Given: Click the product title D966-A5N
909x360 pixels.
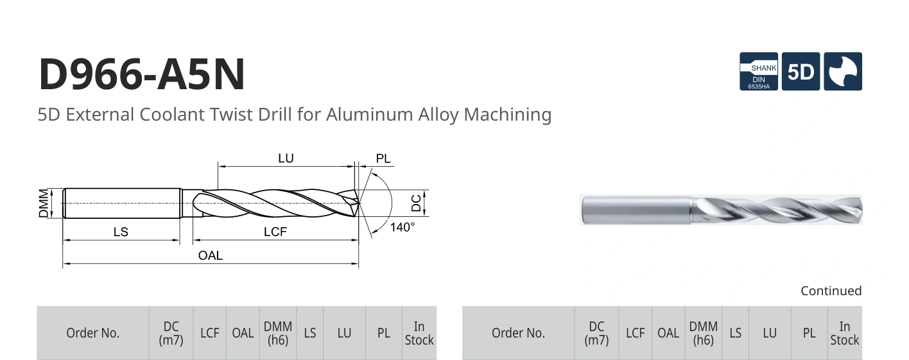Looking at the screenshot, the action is pyautogui.click(x=142, y=74).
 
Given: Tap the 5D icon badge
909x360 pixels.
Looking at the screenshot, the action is pyautogui.click(x=801, y=71).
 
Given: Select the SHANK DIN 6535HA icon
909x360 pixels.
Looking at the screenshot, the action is pyautogui.click(x=758, y=71).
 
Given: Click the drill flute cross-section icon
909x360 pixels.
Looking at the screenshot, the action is pyautogui.click(x=843, y=71).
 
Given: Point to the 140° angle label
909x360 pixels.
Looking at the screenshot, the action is pyautogui.click(x=402, y=227).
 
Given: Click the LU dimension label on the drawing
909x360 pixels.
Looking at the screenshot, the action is pyautogui.click(x=286, y=159).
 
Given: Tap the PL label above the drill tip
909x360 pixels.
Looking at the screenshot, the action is pyautogui.click(x=383, y=159).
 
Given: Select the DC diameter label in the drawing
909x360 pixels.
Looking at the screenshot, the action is pyautogui.click(x=416, y=203).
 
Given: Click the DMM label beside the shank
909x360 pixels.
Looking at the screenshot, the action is pyautogui.click(x=44, y=203).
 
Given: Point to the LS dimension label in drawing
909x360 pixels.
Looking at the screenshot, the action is pyautogui.click(x=121, y=232).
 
